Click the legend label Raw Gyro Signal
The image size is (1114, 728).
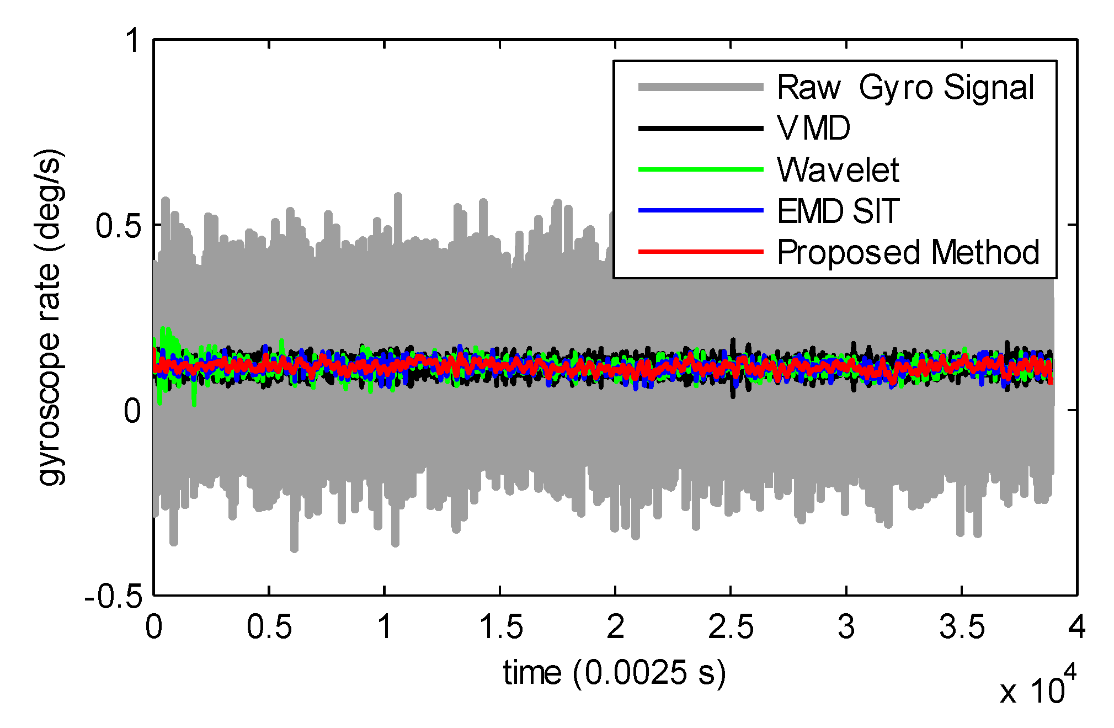[x=905, y=87]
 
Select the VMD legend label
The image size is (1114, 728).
[x=813, y=128]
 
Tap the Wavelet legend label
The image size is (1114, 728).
[x=838, y=169]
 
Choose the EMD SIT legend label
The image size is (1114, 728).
[x=838, y=211]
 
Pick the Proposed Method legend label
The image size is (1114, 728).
[x=908, y=252]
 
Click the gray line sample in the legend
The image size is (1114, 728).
[x=701, y=87]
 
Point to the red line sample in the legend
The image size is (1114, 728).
[x=701, y=252]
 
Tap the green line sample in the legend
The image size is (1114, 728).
[x=701, y=169]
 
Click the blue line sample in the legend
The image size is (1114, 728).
[x=701, y=210]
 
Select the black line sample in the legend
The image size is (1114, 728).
[x=701, y=128]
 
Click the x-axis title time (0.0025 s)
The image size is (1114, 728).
[x=614, y=673]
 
